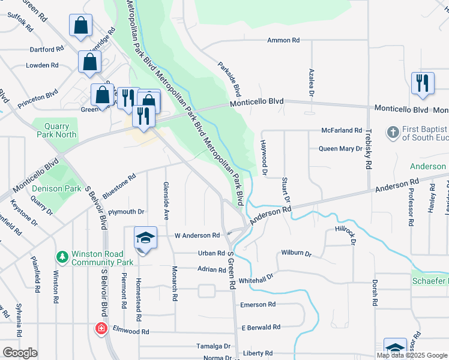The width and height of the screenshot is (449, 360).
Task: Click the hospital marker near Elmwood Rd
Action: pos(101,329)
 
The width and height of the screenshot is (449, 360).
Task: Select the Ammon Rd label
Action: pos(283,40)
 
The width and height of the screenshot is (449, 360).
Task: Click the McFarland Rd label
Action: pos(342,130)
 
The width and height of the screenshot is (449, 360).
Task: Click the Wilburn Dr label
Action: pos(297,254)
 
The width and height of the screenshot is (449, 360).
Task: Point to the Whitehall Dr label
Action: pos(256,278)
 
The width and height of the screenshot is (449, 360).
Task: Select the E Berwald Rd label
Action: pos(261,327)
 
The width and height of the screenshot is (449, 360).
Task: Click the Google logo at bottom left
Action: pos(20,353)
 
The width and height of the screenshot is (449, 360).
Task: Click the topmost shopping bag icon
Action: pos(80,26)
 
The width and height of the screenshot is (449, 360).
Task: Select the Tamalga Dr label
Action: pos(214,346)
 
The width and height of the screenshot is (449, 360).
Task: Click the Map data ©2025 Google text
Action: pos(411,355)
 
